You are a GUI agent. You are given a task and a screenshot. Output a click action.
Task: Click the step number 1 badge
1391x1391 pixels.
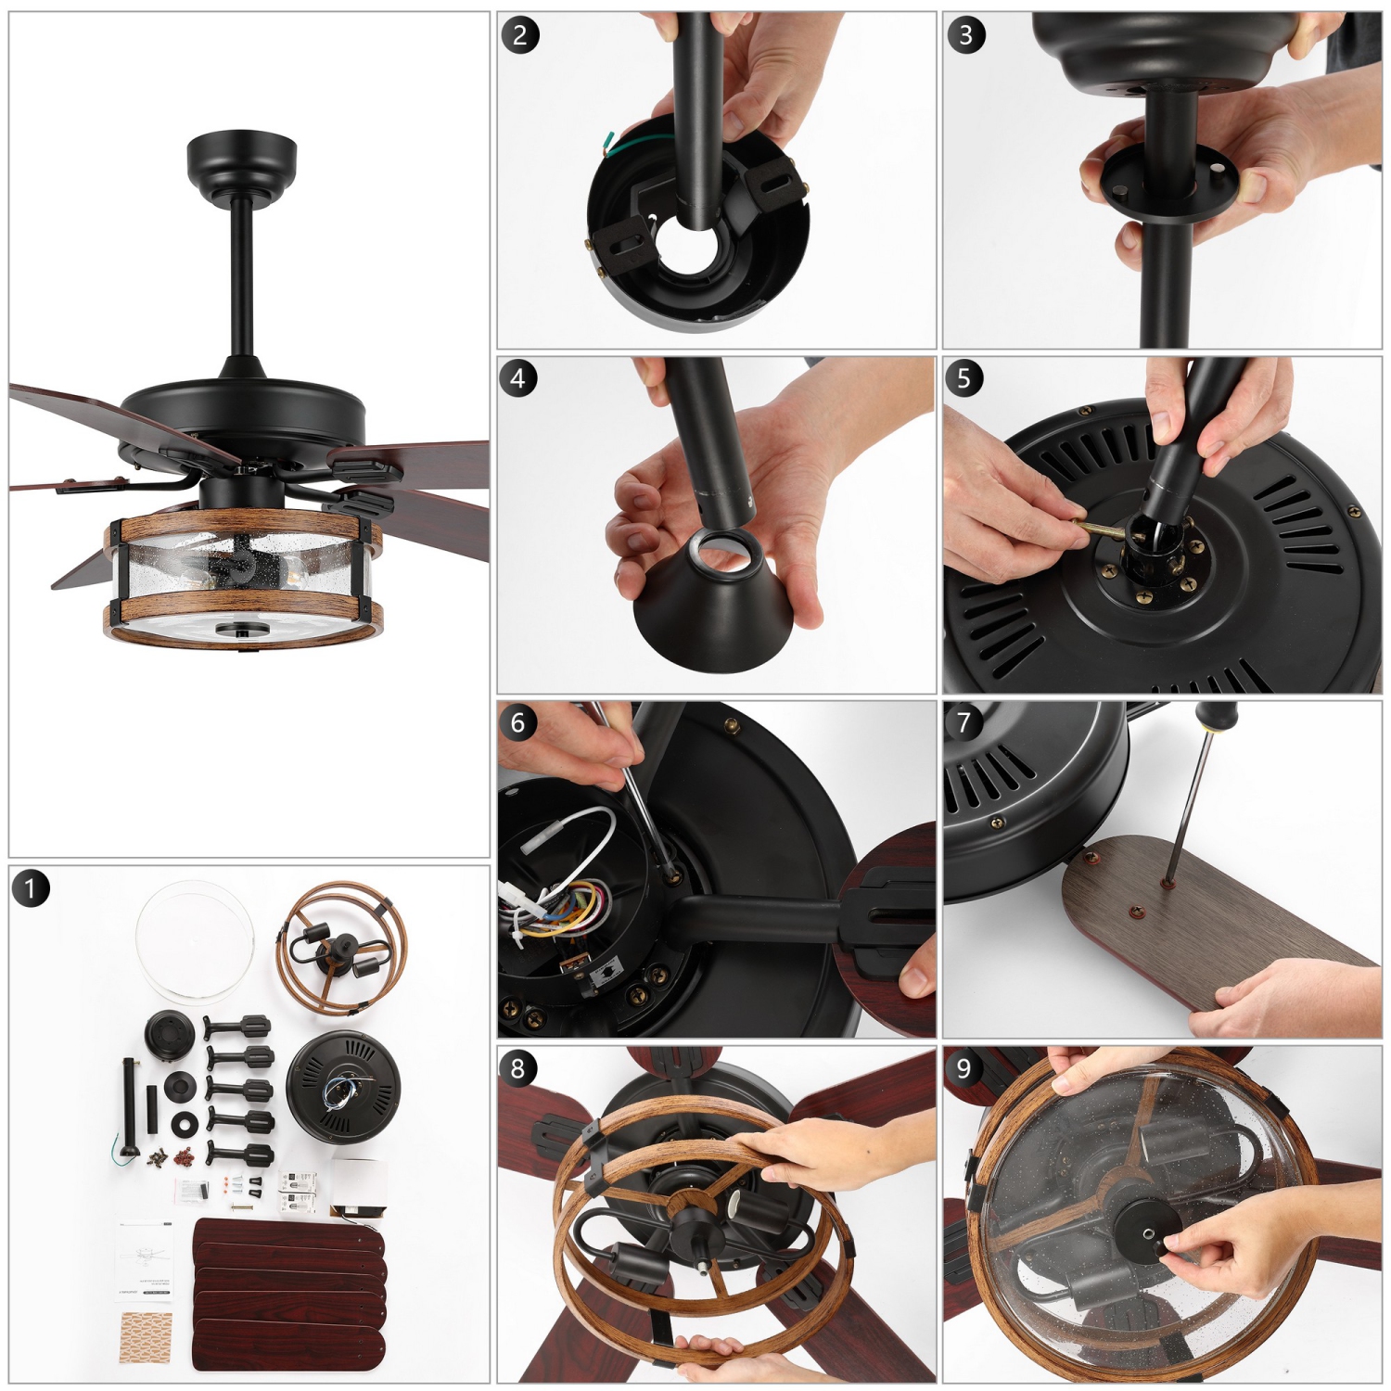[x=30, y=888]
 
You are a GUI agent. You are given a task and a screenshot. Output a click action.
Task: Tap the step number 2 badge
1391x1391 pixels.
[x=519, y=35]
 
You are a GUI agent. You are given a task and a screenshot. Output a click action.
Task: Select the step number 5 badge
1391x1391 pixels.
[x=964, y=377]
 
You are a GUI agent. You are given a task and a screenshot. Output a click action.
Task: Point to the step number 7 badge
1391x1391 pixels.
[x=964, y=721]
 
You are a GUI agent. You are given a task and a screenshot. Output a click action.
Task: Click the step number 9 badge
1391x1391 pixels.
[x=964, y=1068]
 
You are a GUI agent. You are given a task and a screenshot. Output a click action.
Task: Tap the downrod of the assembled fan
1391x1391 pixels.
[x=242, y=278]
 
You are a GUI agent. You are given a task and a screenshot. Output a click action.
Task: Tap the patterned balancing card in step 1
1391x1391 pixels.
[x=146, y=1336]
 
